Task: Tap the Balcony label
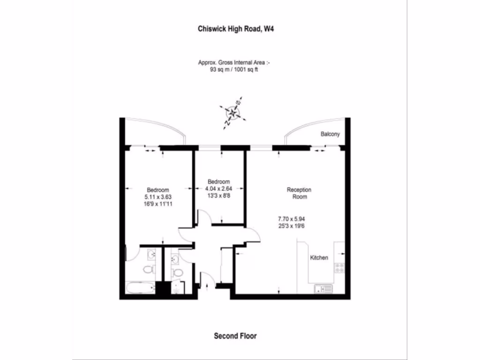coord(330,135)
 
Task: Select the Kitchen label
coord(319,258)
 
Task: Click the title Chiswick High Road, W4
coord(236,29)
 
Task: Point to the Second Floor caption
coord(235,336)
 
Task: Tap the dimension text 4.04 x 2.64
coord(219,189)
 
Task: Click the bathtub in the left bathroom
coord(140,288)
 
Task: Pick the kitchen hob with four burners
coord(339,268)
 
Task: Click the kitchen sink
coord(324,288)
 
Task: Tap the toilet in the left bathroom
coord(149,270)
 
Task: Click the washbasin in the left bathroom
coord(151,254)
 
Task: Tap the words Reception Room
coord(299,193)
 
